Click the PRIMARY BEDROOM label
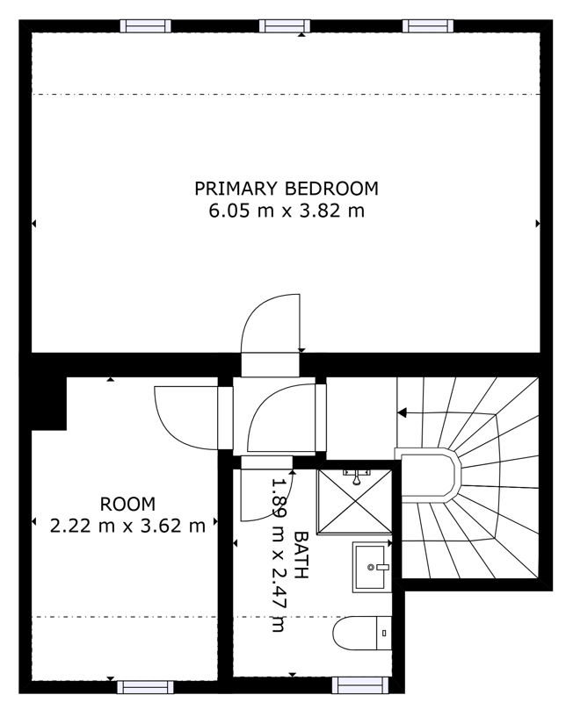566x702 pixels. coord(287,189)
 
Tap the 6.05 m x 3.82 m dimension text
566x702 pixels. coord(287,211)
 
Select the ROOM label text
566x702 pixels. coord(127,504)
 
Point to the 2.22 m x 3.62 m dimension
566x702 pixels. coord(127,526)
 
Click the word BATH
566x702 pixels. coord(301,555)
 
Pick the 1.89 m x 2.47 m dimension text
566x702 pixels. coord(279,555)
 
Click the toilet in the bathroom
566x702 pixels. coord(362,633)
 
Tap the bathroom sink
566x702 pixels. coord(372,567)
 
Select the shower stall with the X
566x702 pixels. coord(354,501)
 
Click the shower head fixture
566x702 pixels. coord(357,476)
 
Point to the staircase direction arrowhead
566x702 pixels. coord(403,412)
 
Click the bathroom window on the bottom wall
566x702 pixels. coord(360,684)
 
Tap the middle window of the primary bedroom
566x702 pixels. coord(285,26)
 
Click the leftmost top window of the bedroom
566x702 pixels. coord(146,26)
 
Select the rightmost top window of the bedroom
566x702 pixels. coord(428,26)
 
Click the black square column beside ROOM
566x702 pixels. coord(49,403)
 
